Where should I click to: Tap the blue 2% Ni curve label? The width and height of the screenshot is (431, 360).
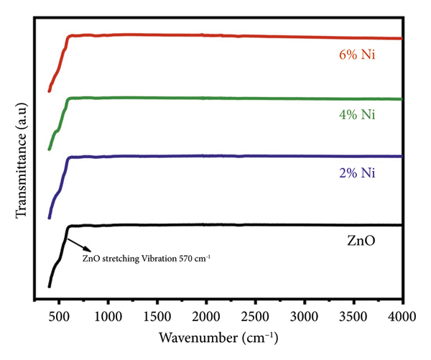(x=357, y=173)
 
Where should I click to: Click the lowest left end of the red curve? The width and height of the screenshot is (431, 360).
(x=49, y=91)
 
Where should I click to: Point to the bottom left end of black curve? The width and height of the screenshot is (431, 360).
(x=49, y=286)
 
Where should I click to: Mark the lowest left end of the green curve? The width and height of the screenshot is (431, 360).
(x=49, y=149)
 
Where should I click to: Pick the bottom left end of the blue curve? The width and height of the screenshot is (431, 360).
(x=49, y=217)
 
